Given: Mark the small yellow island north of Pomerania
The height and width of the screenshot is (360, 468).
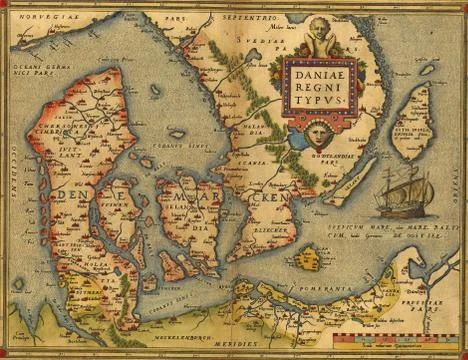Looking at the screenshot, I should tap(309, 258).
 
